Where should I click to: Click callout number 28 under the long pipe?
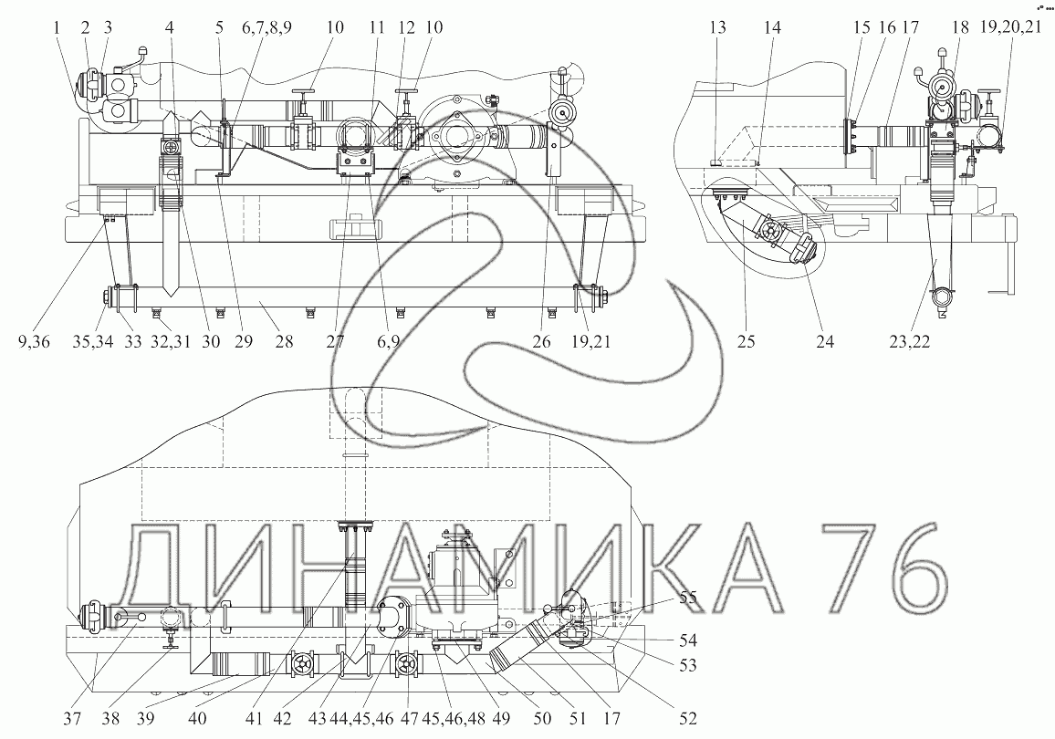point(284,341)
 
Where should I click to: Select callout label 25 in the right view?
point(747,341)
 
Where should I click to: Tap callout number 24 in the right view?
point(825,341)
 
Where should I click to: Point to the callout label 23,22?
point(908,341)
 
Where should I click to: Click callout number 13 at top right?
point(718,27)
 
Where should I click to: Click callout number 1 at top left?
point(57,27)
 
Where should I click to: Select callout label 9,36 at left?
point(35,341)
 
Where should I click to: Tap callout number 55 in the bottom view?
point(687,597)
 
